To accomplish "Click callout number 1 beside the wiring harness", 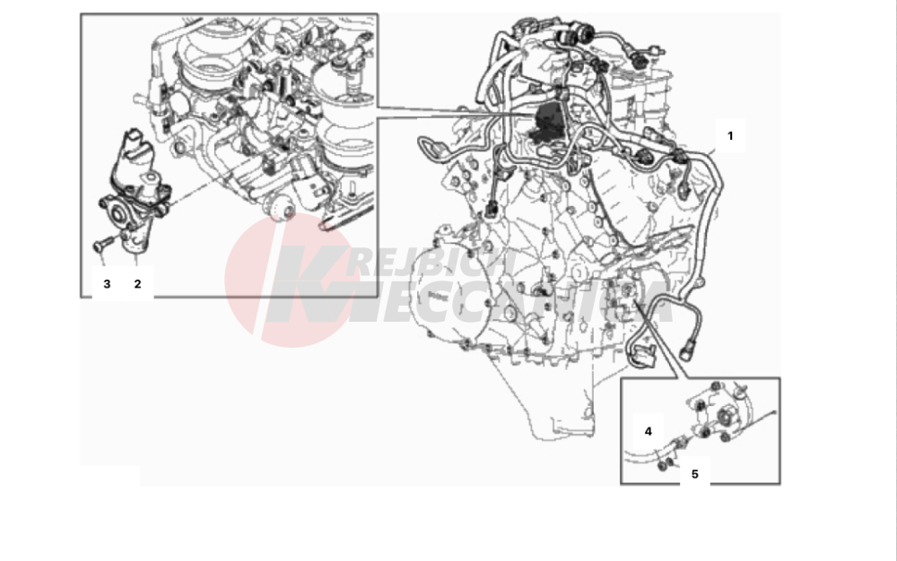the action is pyautogui.click(x=730, y=136).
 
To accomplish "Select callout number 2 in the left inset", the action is pyautogui.click(x=137, y=284).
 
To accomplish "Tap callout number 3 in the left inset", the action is pyautogui.click(x=107, y=284).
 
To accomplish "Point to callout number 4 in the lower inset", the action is pyautogui.click(x=649, y=431).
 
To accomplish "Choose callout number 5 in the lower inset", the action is pyautogui.click(x=695, y=474).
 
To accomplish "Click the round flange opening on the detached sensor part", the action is pyautogui.click(x=119, y=213).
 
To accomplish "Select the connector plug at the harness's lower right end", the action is pyautogui.click(x=688, y=349).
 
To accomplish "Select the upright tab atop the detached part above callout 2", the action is pyautogui.click(x=133, y=141).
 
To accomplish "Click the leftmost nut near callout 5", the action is pyautogui.click(x=663, y=465).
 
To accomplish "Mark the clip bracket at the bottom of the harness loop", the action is pyautogui.click(x=642, y=356).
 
